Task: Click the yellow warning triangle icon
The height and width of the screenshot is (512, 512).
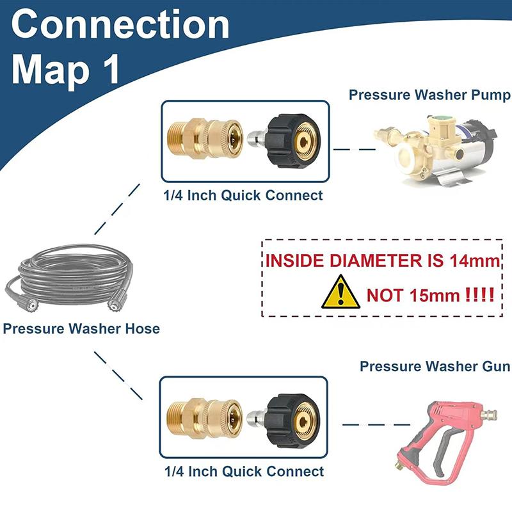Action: pyautogui.click(x=340, y=292)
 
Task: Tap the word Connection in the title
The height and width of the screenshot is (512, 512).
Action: pyautogui.click(x=120, y=25)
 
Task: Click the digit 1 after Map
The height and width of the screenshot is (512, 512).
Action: pyautogui.click(x=110, y=70)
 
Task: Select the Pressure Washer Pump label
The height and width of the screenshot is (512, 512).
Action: pyautogui.click(x=429, y=95)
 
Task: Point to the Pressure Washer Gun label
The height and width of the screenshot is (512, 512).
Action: pyautogui.click(x=435, y=366)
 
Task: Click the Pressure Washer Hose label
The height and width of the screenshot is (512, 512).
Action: pyautogui.click(x=81, y=328)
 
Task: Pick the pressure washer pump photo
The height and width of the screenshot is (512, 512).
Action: pyautogui.click(x=436, y=151)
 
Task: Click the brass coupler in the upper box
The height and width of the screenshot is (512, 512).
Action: pyautogui.click(x=205, y=140)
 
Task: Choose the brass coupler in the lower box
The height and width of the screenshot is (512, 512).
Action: pyautogui.click(x=204, y=418)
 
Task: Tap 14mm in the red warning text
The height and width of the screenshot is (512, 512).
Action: pyautogui.click(x=474, y=260)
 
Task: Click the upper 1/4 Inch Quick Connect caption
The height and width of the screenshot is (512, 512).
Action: pyautogui.click(x=243, y=195)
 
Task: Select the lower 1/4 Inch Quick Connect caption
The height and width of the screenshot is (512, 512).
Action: pyautogui.click(x=244, y=471)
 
